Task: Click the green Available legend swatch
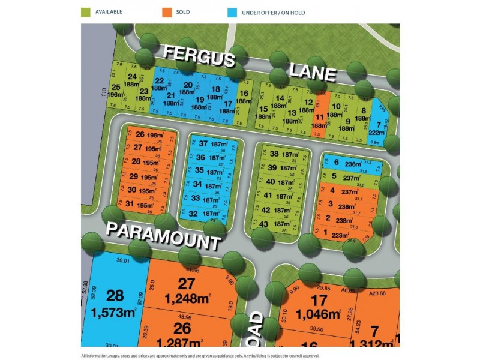point(86,11)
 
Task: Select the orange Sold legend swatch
point(165,11)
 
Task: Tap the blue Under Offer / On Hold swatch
point(232,11)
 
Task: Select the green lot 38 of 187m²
point(279,154)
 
